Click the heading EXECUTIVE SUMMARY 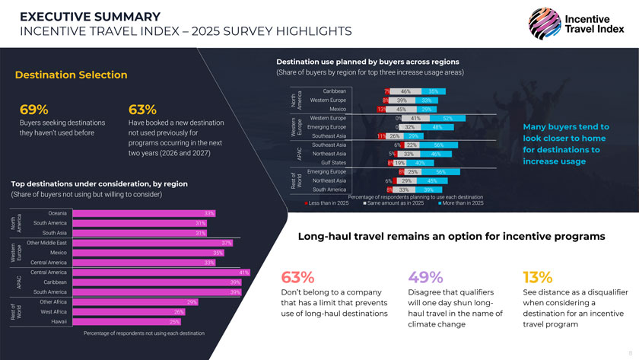[90, 17]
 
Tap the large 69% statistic [34, 109]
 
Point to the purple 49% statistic [426, 276]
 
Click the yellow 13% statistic [538, 276]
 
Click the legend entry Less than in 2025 [327, 203]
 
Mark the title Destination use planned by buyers [367, 61]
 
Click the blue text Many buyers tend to [566, 126]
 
